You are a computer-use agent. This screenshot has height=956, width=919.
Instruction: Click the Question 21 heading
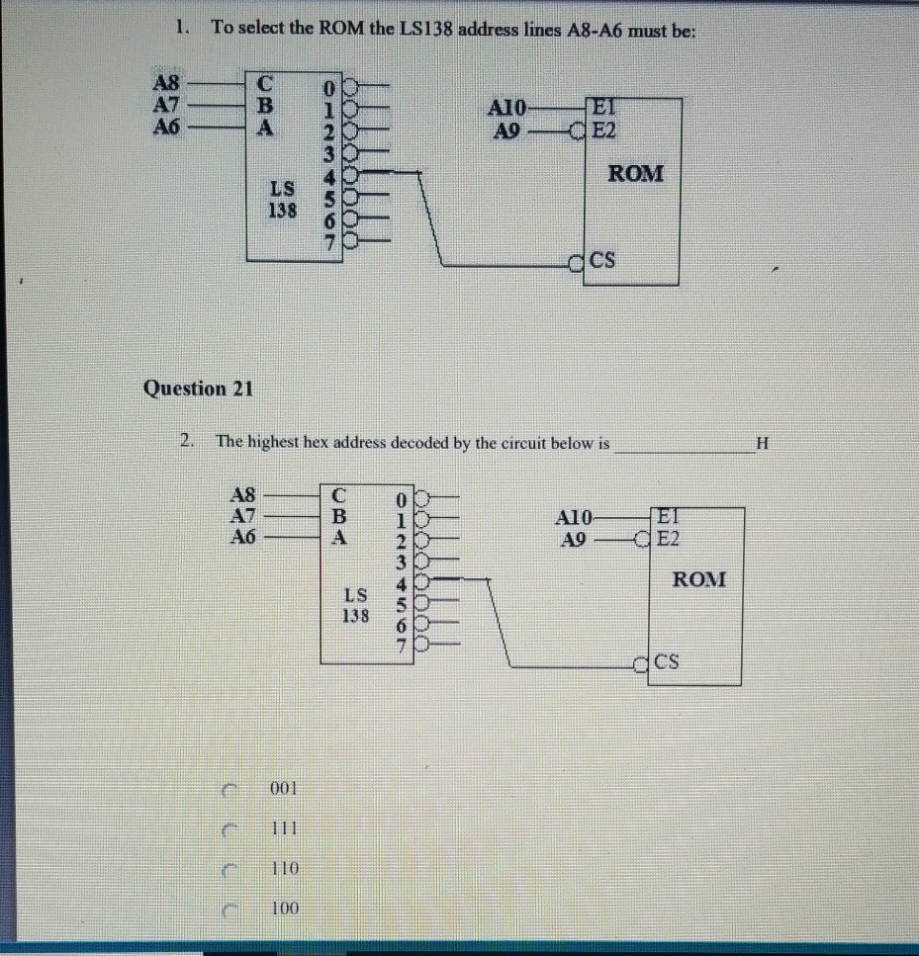[198, 388]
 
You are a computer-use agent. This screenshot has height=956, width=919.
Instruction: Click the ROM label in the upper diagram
[636, 174]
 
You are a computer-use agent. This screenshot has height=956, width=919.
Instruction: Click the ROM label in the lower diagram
[698, 579]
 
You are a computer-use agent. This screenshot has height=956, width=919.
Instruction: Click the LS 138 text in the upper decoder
[282, 199]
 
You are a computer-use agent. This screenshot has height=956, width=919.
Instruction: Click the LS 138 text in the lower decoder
[355, 605]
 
